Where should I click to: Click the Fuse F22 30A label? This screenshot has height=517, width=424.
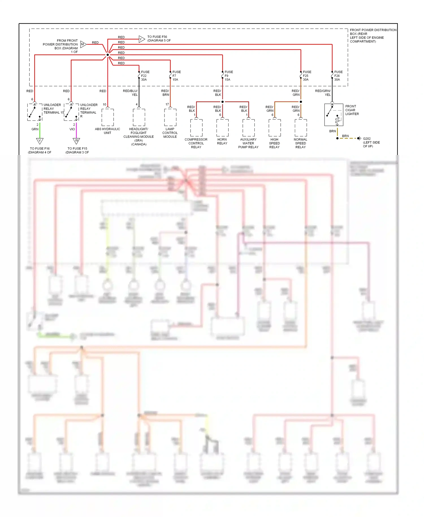point(145,76)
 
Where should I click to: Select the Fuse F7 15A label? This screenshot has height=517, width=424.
point(176,76)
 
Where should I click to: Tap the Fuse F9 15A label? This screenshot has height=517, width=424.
point(228,76)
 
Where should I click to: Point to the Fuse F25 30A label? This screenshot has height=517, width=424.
point(307,76)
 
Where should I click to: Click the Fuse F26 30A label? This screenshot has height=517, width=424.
point(338,76)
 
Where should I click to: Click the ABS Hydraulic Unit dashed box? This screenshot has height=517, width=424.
point(108,117)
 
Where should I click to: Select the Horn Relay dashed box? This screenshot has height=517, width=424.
point(222,128)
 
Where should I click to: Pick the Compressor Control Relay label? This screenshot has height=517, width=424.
point(196,143)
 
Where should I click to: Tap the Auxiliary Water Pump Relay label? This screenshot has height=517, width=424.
point(248,143)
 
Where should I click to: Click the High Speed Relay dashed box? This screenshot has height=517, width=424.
point(274,128)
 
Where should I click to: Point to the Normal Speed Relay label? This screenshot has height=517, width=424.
point(300,143)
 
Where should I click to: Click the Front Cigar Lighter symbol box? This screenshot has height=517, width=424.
point(334,115)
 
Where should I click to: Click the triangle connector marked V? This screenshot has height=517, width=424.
point(40,141)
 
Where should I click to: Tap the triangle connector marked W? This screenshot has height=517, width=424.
point(76,141)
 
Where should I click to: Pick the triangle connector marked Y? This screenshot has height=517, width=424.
point(141,39)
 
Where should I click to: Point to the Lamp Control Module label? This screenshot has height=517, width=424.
point(170,133)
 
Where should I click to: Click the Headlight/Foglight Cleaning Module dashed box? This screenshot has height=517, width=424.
point(139,117)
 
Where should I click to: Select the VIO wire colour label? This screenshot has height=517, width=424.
point(72,129)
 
